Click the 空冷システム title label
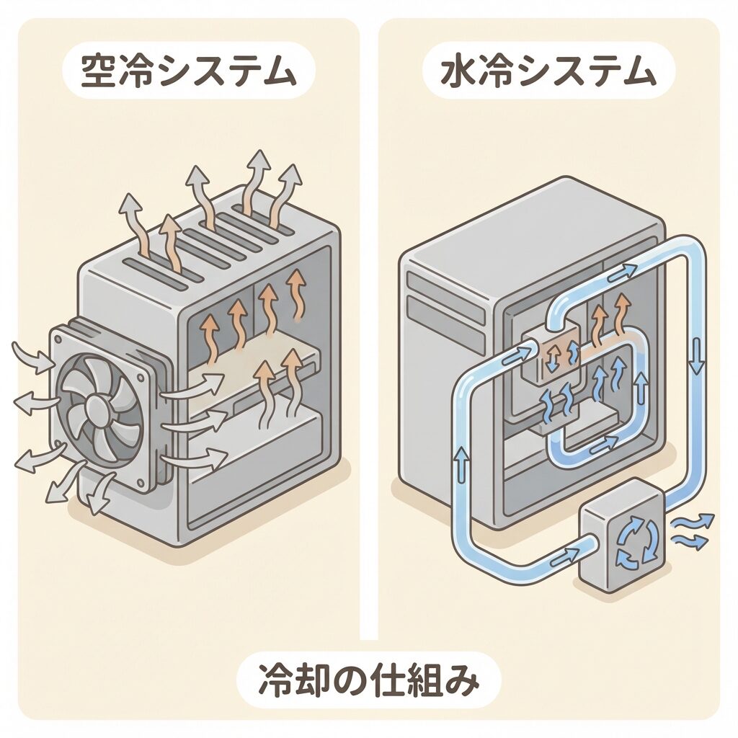click(189, 74)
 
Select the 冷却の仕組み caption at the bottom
click(368, 681)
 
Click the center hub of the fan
click(96, 406)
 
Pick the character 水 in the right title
click(456, 74)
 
